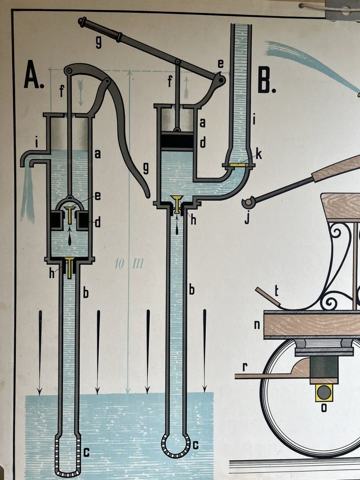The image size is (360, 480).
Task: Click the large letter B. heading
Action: (267, 81)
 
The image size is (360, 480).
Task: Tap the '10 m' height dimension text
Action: (129, 263)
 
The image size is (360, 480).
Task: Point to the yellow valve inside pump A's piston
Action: (69, 215)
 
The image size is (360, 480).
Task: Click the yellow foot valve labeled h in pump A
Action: (70, 268)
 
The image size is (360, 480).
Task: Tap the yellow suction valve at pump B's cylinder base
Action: (177, 204)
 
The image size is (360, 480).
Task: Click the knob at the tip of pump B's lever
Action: (82, 21)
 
